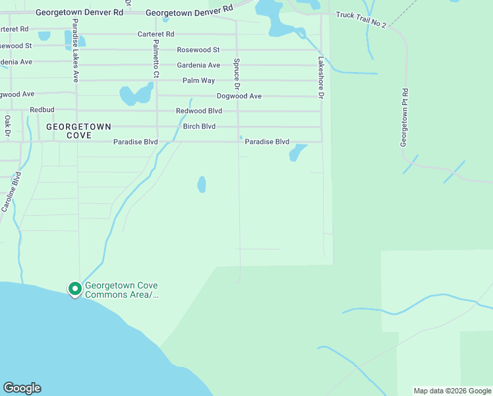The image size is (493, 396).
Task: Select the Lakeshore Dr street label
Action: (321, 77)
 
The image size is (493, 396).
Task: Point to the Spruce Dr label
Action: (236, 73)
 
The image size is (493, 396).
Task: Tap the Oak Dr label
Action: (8, 126)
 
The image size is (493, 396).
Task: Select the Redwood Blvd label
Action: (199, 111)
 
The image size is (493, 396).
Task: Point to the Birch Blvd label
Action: (199, 126)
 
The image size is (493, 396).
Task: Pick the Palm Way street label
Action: (199, 81)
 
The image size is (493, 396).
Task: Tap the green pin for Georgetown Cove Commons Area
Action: (75, 289)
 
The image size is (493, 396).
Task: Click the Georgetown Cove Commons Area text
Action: (122, 290)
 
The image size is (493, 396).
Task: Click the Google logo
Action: (22, 388)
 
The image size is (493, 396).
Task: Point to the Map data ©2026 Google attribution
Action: (452, 391)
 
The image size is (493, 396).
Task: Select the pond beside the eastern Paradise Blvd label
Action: (297, 152)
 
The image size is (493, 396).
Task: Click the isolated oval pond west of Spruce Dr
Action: (202, 184)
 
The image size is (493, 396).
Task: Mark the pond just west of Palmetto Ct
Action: (135, 95)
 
